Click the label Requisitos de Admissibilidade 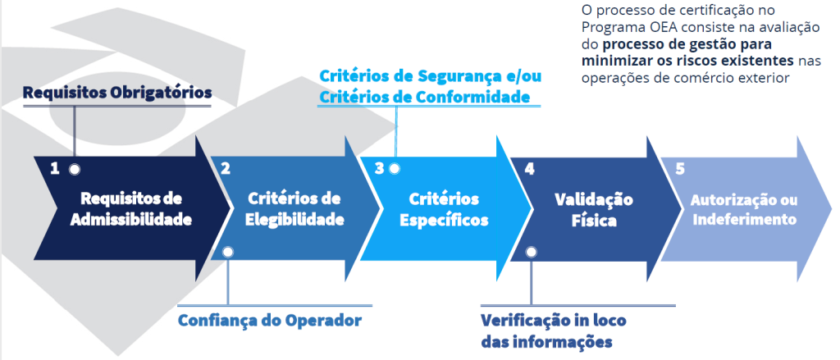[x=131, y=209]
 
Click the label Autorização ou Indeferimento [x=743, y=209]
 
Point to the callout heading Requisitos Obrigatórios [x=117, y=93]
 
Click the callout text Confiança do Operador [x=270, y=319]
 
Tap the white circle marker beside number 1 [x=75, y=169]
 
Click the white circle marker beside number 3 [x=395, y=169]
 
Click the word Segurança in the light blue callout [x=465, y=77]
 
